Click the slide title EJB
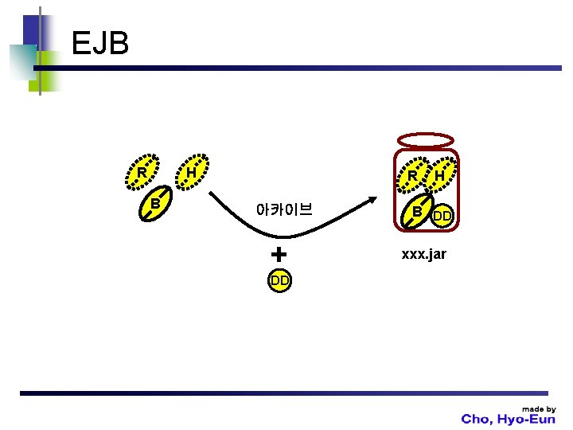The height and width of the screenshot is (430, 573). [x=99, y=43]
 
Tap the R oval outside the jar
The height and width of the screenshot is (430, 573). [x=142, y=172]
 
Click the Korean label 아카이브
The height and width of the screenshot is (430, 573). [x=284, y=210]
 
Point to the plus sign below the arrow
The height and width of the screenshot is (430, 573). [x=278, y=255]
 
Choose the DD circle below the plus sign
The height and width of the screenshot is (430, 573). [x=279, y=280]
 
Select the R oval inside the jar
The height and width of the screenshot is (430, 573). [x=413, y=175]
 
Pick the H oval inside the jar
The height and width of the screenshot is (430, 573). [x=439, y=175]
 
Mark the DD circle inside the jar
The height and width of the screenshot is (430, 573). [x=442, y=216]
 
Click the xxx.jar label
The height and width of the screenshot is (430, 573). [x=423, y=254]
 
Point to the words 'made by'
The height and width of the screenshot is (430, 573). [x=539, y=408]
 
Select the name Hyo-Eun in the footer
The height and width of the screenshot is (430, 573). [x=528, y=420]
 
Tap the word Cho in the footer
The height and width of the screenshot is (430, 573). [x=477, y=420]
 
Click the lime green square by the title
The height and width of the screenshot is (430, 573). [x=49, y=69]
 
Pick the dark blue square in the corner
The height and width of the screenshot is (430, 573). [x=31, y=32]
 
